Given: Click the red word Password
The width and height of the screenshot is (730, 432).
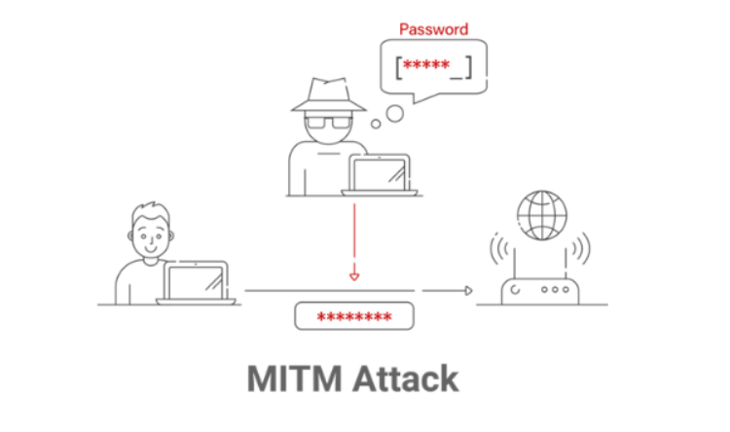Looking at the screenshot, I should pos(433,29).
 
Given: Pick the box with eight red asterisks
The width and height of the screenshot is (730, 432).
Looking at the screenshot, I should pos(354,317).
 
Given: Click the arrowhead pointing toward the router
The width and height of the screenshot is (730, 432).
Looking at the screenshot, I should pos(468,290).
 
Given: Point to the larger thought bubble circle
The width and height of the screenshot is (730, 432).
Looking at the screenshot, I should pos(394,114).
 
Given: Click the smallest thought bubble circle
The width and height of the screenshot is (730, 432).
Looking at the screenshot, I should pos(376,124).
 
